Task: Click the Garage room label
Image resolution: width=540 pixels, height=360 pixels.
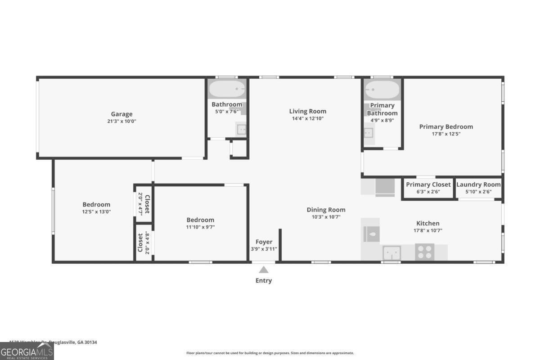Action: coord(121,114)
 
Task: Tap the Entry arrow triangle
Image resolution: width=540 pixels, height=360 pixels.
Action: coord(264,270)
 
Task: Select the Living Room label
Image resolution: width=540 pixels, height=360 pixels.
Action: coord(307,111)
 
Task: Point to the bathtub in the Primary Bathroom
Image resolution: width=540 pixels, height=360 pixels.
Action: coord(382,90)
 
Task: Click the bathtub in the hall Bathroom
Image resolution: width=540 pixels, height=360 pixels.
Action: coord(227,89)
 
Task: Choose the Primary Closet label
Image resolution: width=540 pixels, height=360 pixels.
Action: coord(428,184)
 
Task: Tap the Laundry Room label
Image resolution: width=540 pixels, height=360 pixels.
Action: coord(478,184)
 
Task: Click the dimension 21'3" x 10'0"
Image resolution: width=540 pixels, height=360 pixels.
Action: coord(121,121)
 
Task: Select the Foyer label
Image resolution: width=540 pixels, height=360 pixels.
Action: coord(264,242)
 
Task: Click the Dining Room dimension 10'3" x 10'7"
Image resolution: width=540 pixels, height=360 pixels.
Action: coord(326,217)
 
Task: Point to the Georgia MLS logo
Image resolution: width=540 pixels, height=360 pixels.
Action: coord(27,351)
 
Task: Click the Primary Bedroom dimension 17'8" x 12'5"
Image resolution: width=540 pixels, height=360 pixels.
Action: coord(446,134)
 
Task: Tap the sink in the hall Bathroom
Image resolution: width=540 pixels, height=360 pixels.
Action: coord(242,130)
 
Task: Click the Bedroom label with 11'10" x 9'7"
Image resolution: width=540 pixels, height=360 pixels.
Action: coord(200,220)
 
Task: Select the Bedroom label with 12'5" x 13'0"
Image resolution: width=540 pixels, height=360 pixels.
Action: coord(96,204)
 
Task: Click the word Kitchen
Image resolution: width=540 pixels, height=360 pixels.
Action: coord(427,223)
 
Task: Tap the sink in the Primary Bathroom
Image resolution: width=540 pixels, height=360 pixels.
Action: coord(369,133)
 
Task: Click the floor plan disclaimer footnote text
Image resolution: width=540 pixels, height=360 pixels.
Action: coord(270,353)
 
